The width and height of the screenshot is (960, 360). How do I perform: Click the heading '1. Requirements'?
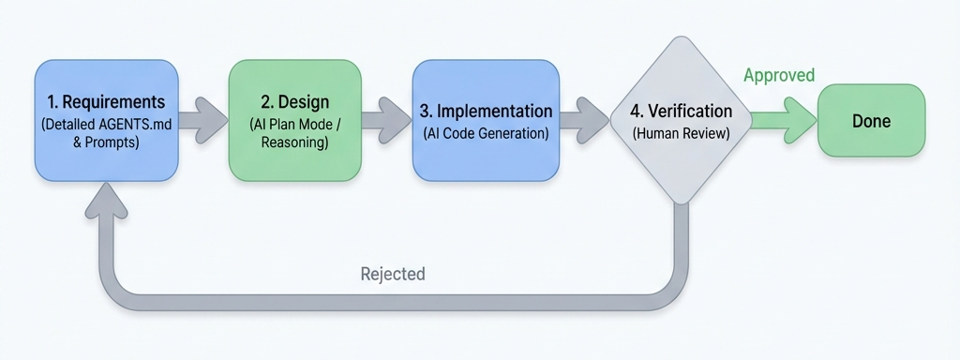(105, 102)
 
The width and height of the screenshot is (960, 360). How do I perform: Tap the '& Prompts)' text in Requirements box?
(105, 145)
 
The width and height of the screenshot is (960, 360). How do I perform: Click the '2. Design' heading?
(295, 102)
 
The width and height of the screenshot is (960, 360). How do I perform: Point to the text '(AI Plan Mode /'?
(295, 124)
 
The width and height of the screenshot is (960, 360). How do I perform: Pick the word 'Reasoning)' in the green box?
(295, 143)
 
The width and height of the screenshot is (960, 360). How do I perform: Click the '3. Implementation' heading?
(486, 112)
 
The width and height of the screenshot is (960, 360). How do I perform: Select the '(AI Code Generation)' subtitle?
(486, 133)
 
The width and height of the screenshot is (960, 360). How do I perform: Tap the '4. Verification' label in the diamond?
(681, 112)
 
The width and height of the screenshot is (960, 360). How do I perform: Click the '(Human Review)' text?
(681, 133)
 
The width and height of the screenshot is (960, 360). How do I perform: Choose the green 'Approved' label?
(779, 75)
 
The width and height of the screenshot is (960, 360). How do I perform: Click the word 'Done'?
(871, 121)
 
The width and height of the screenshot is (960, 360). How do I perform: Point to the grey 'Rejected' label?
(393, 274)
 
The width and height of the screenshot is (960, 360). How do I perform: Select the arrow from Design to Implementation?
(386, 120)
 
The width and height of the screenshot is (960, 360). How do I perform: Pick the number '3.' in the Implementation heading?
(427, 112)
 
